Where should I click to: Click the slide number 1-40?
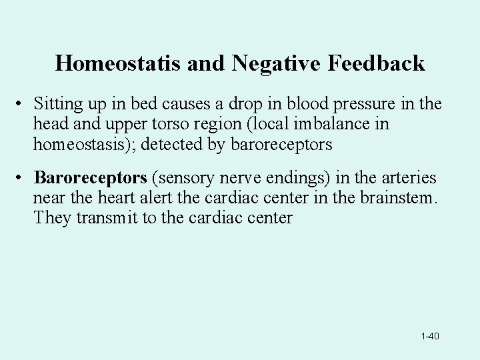coord(430,336)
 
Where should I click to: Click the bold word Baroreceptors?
coord(90,179)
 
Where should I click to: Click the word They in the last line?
coord(50,217)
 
